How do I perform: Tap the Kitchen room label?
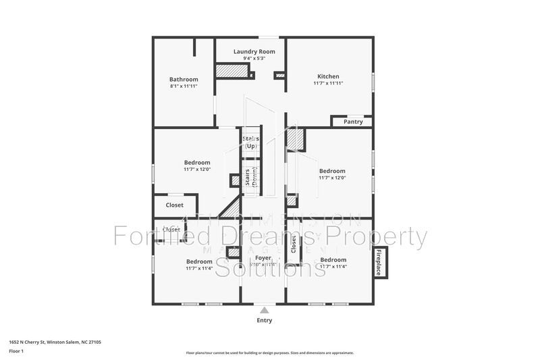click(328, 76)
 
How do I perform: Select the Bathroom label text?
click(184, 79)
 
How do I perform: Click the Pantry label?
click(353, 122)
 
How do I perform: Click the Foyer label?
click(263, 258)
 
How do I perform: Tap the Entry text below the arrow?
click(265, 320)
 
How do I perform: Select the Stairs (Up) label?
click(251, 142)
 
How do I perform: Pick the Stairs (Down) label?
click(251, 179)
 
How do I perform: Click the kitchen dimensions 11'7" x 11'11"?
click(328, 84)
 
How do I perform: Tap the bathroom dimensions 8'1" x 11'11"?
click(184, 87)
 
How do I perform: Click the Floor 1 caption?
click(16, 352)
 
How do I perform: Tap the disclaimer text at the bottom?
click(269, 353)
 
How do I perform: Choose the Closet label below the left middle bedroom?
click(174, 205)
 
